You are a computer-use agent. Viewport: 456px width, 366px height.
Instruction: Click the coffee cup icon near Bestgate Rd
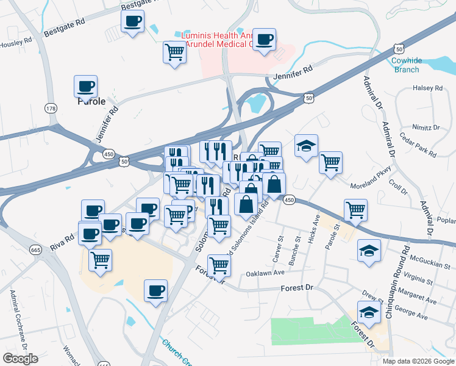click(x=132, y=23)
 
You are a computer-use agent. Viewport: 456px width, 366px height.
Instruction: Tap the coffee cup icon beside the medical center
click(x=264, y=40)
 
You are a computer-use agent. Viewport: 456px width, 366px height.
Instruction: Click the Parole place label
click(x=91, y=102)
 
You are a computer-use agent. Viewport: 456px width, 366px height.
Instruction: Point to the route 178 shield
click(x=51, y=108)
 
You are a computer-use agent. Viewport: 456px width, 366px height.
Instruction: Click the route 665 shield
click(x=35, y=249)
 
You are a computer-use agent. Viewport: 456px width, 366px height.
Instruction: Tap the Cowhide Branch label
click(x=405, y=65)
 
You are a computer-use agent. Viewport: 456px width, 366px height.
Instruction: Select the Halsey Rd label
click(x=427, y=88)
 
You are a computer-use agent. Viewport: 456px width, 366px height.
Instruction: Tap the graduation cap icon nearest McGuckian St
click(x=368, y=251)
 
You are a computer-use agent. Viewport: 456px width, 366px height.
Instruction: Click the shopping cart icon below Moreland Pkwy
click(x=355, y=210)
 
